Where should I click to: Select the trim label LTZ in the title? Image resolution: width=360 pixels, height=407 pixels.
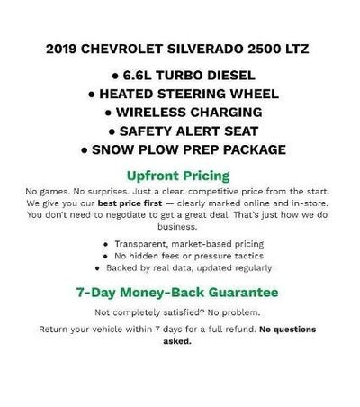coord(293,48)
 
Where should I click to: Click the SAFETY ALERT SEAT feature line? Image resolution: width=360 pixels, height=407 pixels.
coord(180,131)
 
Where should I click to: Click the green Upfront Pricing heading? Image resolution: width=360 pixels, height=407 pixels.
coord(180,175)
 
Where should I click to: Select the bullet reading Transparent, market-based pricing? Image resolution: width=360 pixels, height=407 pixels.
coord(184,244)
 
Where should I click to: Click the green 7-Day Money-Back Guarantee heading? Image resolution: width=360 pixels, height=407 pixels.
coord(180,292)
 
